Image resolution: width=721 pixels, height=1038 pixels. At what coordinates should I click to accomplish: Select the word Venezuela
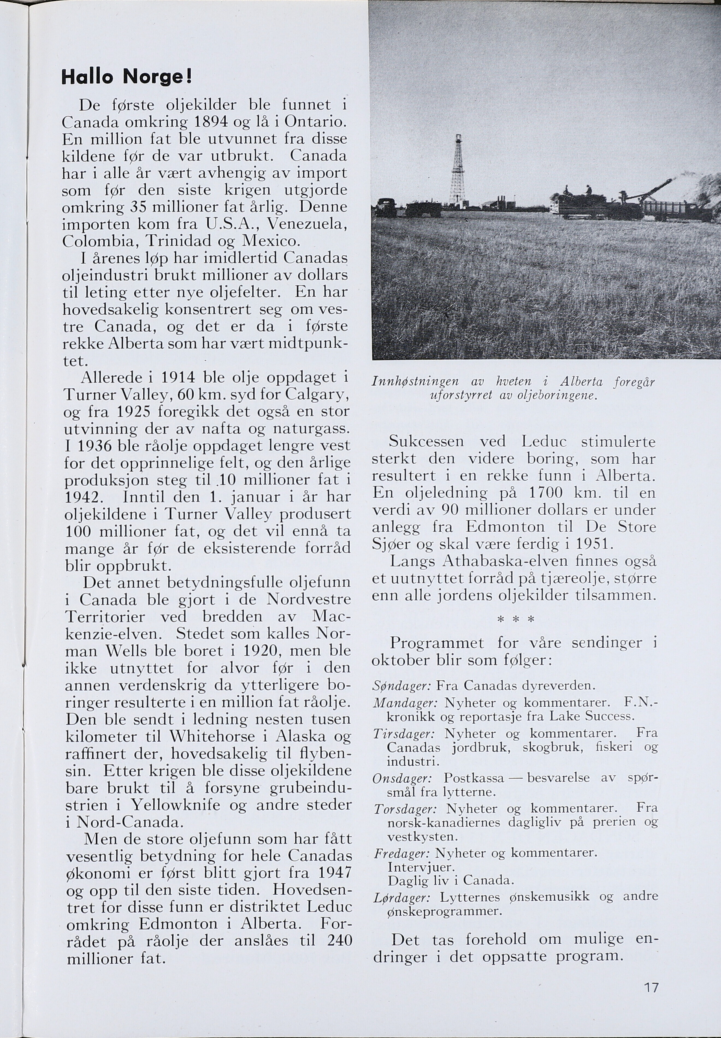click(x=307, y=224)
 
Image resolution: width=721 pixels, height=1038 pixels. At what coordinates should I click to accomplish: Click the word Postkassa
click(x=474, y=778)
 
